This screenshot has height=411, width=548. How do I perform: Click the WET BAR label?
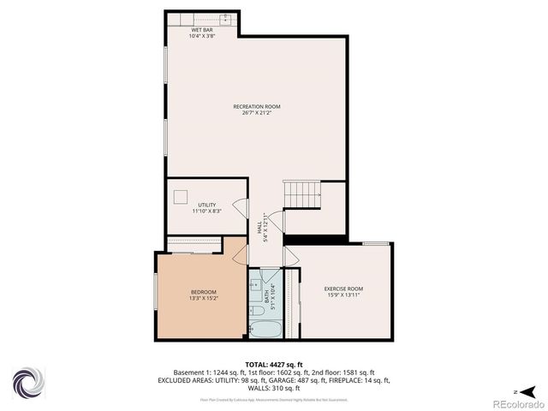click(202, 30)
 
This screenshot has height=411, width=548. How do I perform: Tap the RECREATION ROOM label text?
click(257, 106)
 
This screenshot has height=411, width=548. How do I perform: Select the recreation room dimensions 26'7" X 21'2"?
click(257, 112)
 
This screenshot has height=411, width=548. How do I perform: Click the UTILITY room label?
click(207, 205)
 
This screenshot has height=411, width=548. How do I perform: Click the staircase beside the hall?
click(302, 196)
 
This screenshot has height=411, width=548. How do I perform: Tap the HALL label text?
click(259, 228)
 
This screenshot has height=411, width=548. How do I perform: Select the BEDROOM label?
click(203, 292)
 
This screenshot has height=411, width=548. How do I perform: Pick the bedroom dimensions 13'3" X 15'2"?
click(203, 298)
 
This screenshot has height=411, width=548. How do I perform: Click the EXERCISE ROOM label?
click(343, 289)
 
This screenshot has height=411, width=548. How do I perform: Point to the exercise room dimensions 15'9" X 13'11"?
click(343, 295)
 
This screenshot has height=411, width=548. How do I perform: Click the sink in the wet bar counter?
click(226, 17)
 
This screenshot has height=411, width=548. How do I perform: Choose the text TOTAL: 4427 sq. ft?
click(273, 364)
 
